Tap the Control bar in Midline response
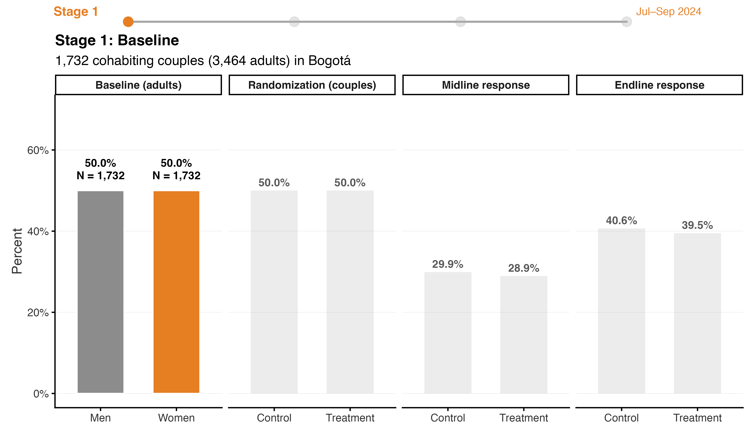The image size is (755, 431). click(x=448, y=333)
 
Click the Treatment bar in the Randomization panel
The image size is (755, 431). click(x=350, y=292)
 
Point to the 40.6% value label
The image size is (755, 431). click(x=621, y=221)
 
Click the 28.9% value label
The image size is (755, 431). click(x=524, y=268)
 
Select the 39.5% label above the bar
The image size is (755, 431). click(x=697, y=225)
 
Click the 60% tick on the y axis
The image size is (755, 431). click(x=38, y=150)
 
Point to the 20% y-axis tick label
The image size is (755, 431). click(x=38, y=313)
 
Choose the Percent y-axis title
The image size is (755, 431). click(x=17, y=251)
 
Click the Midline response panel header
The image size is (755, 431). click(x=486, y=85)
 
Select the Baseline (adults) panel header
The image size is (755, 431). click(x=138, y=85)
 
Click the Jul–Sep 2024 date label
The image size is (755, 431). click(x=669, y=11)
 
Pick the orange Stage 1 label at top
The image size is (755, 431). click(x=76, y=11)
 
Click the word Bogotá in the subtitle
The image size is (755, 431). click(x=330, y=61)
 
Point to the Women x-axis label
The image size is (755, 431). click(x=176, y=418)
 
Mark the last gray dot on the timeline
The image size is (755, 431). click(x=627, y=22)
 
